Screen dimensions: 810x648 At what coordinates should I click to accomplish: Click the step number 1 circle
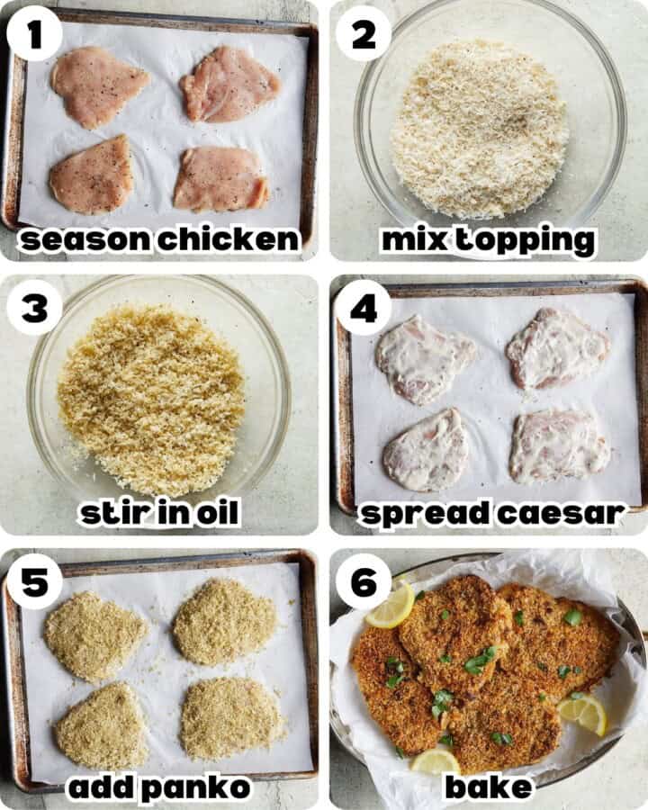tap(34, 34)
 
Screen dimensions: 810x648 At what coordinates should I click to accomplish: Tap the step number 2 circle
tap(364, 34)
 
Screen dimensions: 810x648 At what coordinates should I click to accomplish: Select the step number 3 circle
tap(34, 308)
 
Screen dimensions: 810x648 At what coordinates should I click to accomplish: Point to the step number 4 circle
tap(364, 308)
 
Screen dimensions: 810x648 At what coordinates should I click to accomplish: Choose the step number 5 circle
tap(34, 581)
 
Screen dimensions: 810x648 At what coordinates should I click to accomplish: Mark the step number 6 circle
tap(364, 581)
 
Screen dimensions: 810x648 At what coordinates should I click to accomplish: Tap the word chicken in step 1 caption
tap(229, 239)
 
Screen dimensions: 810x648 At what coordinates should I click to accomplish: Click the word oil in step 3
tap(212, 512)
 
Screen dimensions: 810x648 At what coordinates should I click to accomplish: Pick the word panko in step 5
tap(196, 787)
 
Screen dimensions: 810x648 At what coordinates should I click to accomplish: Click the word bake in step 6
tap(489, 787)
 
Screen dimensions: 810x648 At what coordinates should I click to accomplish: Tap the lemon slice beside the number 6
tap(391, 607)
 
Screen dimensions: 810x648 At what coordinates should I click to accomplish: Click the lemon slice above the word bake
tap(435, 760)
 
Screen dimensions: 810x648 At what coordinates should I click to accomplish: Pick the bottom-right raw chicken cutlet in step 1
tap(220, 179)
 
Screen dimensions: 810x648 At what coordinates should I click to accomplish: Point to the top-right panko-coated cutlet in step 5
tap(225, 621)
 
